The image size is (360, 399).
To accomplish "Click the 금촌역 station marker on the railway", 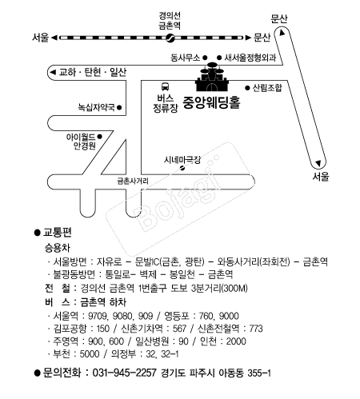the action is coord(170,38).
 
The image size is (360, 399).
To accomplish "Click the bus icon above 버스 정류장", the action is coord(165,86).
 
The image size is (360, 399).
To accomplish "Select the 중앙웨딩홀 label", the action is coord(211,102).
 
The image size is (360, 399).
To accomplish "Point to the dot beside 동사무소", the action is coord(205,58).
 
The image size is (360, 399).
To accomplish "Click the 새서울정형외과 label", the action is coord(250,58).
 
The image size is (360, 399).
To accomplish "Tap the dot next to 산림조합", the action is coord(247,87).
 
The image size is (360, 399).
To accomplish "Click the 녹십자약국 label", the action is coord(96,107).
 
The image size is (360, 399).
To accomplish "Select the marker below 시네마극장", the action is coord(182,168).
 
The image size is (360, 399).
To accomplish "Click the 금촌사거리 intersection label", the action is coord(133,182).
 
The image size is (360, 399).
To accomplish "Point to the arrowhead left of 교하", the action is coord(53,72).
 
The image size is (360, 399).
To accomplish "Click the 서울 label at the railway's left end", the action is coord(41,38).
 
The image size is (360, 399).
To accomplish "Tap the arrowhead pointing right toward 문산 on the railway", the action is coord(248,38).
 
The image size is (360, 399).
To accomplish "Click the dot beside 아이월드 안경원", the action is coord(99,137).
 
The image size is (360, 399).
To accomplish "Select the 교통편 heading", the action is coord(58,233).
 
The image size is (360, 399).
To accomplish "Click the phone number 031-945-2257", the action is coord(124,373).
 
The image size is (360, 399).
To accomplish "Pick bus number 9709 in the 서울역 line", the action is coord(98,316).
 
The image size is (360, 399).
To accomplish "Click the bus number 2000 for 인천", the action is coord(236,341).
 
